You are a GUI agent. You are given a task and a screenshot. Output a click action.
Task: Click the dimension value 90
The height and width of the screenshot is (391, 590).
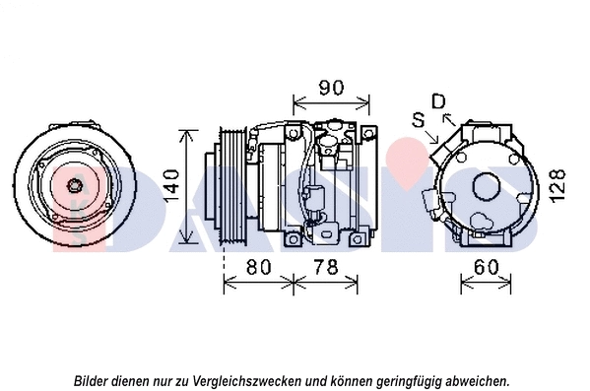click(331, 87)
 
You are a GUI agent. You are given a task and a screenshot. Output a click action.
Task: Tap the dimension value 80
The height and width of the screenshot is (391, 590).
click(259, 265)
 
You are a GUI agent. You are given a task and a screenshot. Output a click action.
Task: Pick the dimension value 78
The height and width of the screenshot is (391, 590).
click(331, 265)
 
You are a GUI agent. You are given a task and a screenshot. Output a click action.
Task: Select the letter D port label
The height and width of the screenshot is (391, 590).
click(439, 101)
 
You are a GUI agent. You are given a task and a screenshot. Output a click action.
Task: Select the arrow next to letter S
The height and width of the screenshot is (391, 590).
click(431, 132)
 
